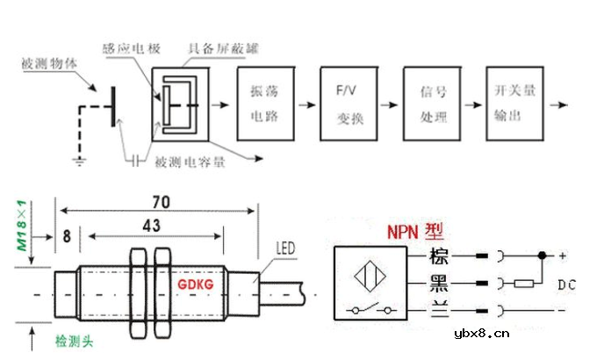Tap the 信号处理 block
click(x=429, y=104)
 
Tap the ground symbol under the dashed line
click(x=80, y=161)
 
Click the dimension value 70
click(x=159, y=203)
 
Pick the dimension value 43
click(x=152, y=227)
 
